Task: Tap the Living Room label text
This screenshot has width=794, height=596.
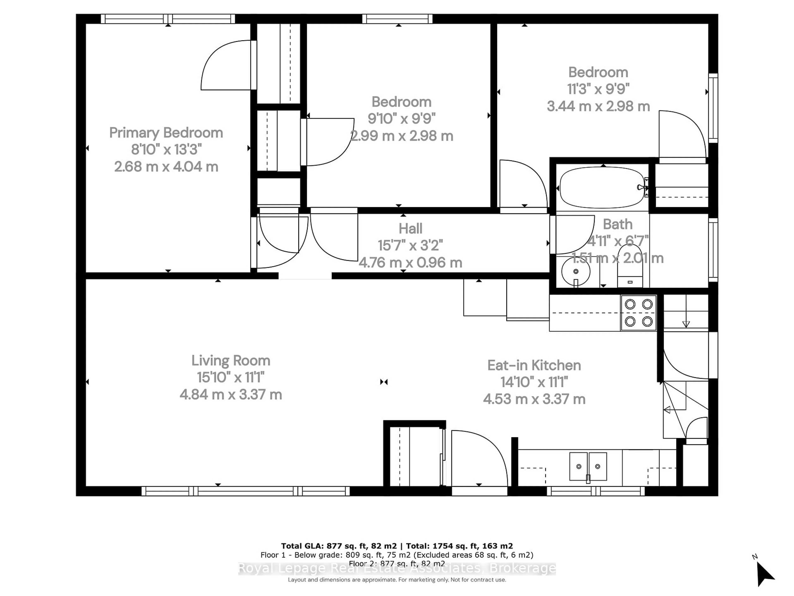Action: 231,361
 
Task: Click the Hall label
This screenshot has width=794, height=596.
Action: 410,228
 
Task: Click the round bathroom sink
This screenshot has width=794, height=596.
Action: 576,271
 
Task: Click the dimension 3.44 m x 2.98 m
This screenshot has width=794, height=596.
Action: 598,106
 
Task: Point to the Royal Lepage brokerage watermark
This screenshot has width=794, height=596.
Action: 397,568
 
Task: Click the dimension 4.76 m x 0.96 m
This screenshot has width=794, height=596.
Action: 410,263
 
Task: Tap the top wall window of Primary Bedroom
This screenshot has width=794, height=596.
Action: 168,19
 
